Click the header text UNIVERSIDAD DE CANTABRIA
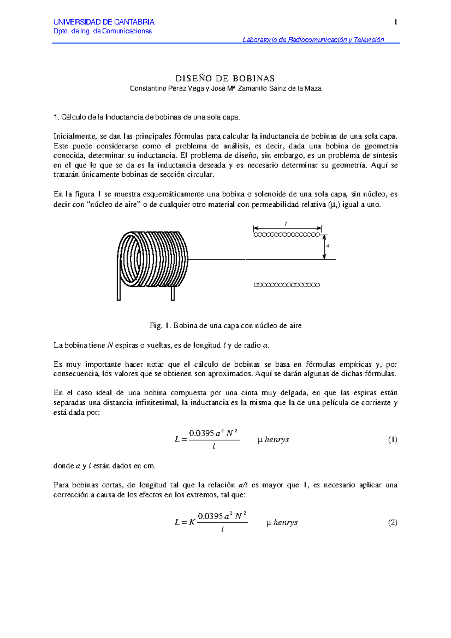coord(104,22)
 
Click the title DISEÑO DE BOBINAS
coord(225,78)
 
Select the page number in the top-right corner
coord(395,22)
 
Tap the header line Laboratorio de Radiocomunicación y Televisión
coord(313,40)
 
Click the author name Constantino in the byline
coord(145,89)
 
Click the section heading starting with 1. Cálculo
coord(147,117)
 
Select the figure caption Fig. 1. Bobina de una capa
coord(225,326)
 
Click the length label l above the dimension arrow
coord(286,224)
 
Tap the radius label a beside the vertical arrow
coord(328,246)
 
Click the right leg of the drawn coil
coord(173,293)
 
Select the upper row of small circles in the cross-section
coord(287,235)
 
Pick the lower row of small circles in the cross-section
coord(287,285)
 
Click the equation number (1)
coord(392,440)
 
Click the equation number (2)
coord(392,523)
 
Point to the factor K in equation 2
coord(192,523)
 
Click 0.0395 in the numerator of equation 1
coord(201,433)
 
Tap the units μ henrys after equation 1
coord(273,440)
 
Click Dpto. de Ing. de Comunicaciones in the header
coord(103,31)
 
